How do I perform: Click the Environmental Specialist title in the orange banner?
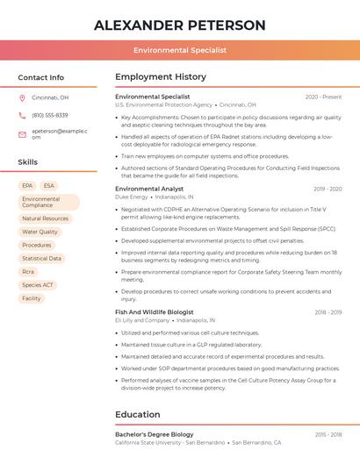point(179,51)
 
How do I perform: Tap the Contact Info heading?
point(41,77)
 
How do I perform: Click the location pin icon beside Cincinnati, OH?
point(22,98)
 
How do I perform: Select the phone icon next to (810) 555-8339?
point(22,115)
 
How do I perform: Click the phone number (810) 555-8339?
point(50,115)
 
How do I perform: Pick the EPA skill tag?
point(27,186)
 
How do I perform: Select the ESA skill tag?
point(48,186)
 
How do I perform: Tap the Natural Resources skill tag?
point(45,218)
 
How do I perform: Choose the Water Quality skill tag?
point(40,232)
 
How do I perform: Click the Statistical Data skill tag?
point(41,259)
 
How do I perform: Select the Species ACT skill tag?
point(38,285)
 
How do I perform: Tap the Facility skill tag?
point(32,298)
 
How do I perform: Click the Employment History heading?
point(161,77)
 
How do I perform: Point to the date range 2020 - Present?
point(323,97)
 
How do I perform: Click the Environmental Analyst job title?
point(149,189)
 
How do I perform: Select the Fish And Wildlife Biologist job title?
point(159,312)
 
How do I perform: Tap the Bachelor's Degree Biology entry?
point(155,434)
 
